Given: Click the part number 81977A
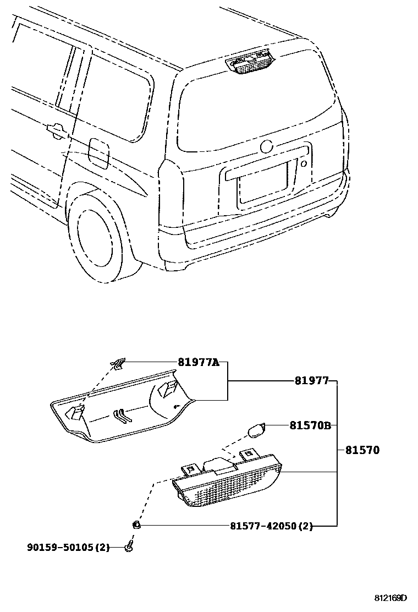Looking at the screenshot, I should point(198,362).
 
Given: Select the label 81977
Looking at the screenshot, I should point(311,380).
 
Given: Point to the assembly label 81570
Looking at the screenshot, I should point(362,450).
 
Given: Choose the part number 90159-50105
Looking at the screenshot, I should point(68,547).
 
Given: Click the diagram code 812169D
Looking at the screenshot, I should point(391,598).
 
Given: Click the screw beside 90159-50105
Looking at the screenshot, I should point(129,547).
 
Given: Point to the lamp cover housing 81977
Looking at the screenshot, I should point(121,407).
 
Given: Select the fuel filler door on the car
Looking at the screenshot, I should point(98,153).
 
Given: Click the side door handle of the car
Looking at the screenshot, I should point(56,130).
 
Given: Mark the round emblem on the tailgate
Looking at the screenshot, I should point(267,147).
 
